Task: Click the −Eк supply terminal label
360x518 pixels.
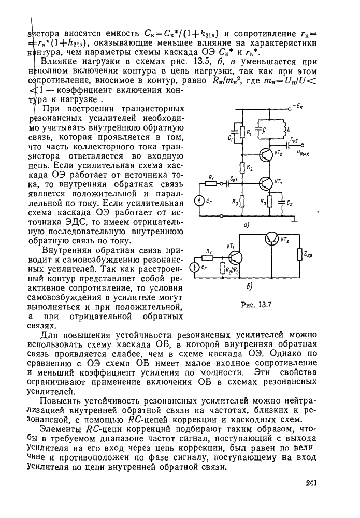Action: pyautogui.click(x=298, y=106)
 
